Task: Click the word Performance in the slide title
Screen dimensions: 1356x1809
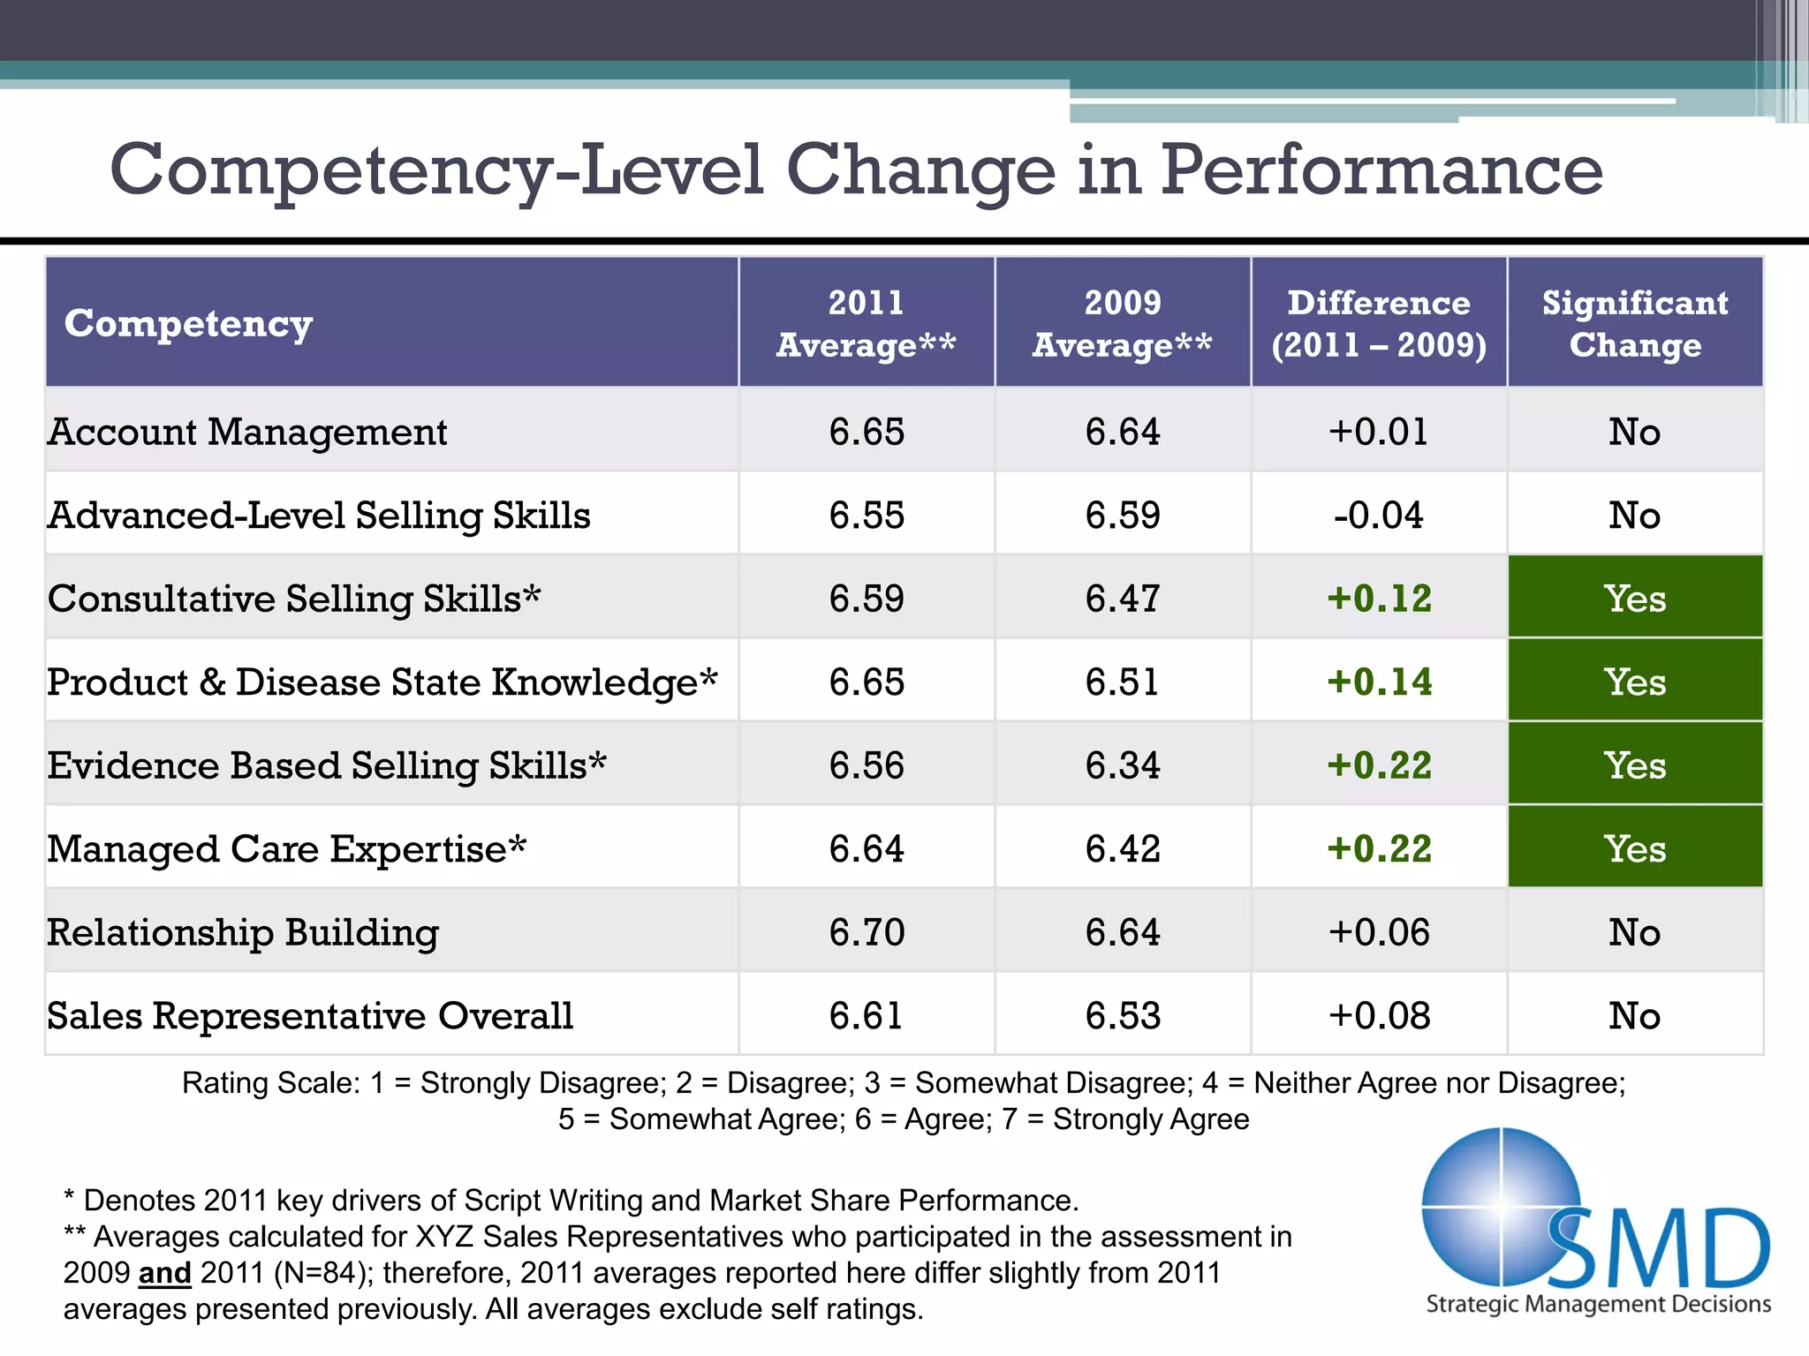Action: pos(1381,169)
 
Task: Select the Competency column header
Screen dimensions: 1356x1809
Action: pos(188,323)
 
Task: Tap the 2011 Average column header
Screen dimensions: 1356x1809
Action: pos(866,323)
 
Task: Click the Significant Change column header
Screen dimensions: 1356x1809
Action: pos(1635,323)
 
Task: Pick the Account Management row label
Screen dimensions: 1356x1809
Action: pos(247,432)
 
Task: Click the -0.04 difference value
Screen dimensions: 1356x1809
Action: pos(1378,516)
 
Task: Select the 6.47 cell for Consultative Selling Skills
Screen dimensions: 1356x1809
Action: pos(1122,599)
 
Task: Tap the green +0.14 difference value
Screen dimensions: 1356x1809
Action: pos(1379,682)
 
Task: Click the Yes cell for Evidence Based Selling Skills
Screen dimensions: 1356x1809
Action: pos(1635,765)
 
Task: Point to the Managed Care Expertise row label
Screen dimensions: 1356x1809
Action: pos(286,849)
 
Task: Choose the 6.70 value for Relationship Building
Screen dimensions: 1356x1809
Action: pos(867,932)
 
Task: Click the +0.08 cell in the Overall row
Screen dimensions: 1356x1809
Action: pos(1379,1016)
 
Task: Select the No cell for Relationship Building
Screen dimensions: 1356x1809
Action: pos(1634,932)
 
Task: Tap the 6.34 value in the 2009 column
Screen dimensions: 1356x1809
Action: pos(1122,765)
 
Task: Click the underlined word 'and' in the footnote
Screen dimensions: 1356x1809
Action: pos(164,1273)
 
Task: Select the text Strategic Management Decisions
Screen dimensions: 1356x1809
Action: pos(1598,1304)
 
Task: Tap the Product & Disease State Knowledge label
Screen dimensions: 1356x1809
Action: pos(382,682)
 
